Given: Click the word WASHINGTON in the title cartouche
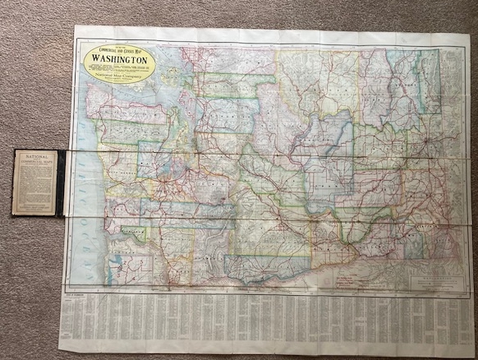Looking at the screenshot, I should pyautogui.click(x=120, y=59).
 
